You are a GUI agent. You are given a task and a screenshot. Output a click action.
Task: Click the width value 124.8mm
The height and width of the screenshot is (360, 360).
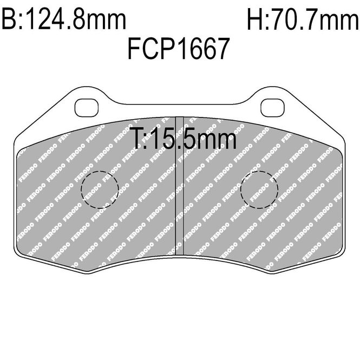77,19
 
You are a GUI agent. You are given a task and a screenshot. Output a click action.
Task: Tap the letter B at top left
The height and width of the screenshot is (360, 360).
9,19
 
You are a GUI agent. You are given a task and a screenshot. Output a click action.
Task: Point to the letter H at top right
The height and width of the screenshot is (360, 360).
255,19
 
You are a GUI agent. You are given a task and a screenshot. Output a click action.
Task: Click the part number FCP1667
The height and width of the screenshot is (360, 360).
179,49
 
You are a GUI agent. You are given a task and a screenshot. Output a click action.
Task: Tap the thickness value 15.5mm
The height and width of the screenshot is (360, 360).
193,139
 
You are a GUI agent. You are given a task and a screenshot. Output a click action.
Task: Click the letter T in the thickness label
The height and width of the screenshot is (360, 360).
137,139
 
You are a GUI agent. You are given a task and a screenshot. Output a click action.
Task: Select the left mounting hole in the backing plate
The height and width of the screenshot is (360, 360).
87,108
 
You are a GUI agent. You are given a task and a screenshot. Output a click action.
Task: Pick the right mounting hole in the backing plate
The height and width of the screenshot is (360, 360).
272,108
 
